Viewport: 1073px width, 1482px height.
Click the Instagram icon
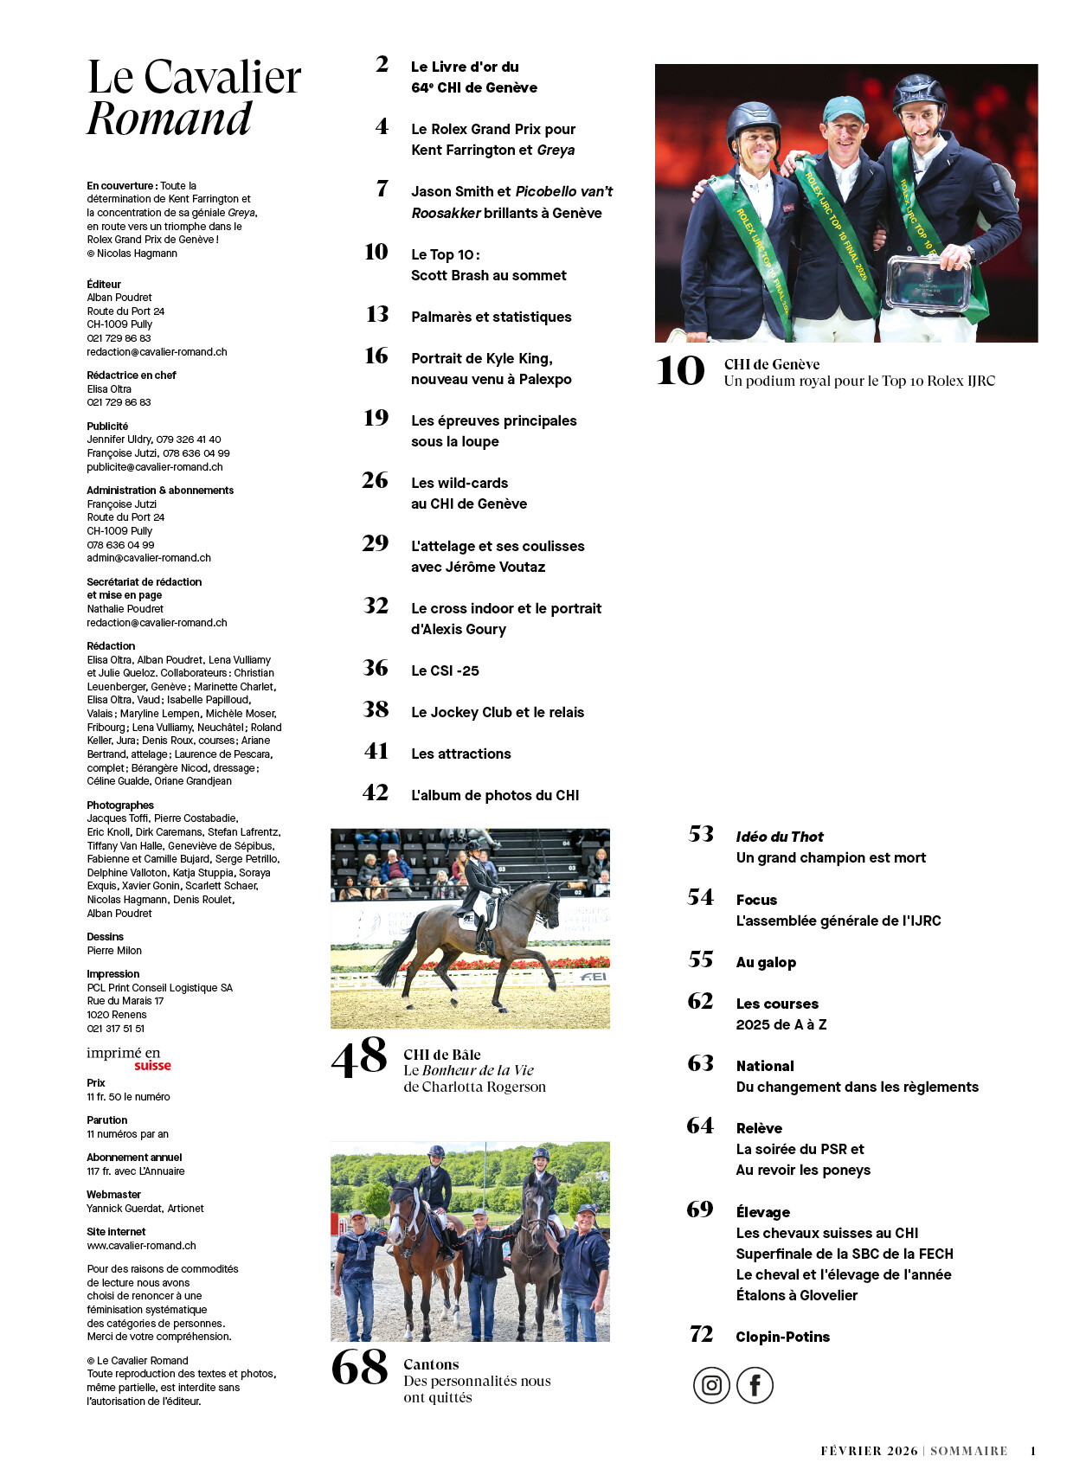[x=711, y=1385]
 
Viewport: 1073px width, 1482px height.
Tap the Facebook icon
[x=755, y=1385]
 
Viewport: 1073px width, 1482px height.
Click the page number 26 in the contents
[x=376, y=480]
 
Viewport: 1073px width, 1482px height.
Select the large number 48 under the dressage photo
[x=359, y=1057]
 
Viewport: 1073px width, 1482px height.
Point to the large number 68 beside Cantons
[x=359, y=1368]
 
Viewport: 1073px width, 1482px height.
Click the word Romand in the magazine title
[x=170, y=119]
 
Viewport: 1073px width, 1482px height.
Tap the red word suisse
[x=152, y=1066]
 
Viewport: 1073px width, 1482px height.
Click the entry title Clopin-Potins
[x=782, y=1337]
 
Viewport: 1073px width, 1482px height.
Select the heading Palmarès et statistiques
[x=491, y=317]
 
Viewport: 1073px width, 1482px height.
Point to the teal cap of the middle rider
[x=843, y=110]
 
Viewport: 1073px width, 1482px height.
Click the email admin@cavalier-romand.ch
[x=149, y=558]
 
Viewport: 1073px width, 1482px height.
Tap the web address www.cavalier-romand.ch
[x=141, y=1246]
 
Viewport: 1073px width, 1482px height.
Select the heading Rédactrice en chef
[x=132, y=375]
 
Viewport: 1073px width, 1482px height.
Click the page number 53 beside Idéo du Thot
[x=701, y=834]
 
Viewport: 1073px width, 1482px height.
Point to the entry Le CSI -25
[x=445, y=670]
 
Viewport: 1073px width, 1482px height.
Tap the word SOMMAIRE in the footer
[x=969, y=1451]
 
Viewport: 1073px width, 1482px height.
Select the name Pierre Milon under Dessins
[x=114, y=951]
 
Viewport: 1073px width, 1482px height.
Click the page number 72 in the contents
[x=701, y=1335]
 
